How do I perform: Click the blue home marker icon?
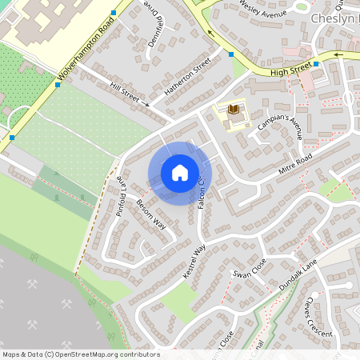coord(180,173)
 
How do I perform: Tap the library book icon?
coord(234,110)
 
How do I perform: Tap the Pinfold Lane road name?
coord(120,196)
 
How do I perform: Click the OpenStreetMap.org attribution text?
coord(81,354)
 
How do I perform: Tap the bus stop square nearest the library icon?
coord(231,54)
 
